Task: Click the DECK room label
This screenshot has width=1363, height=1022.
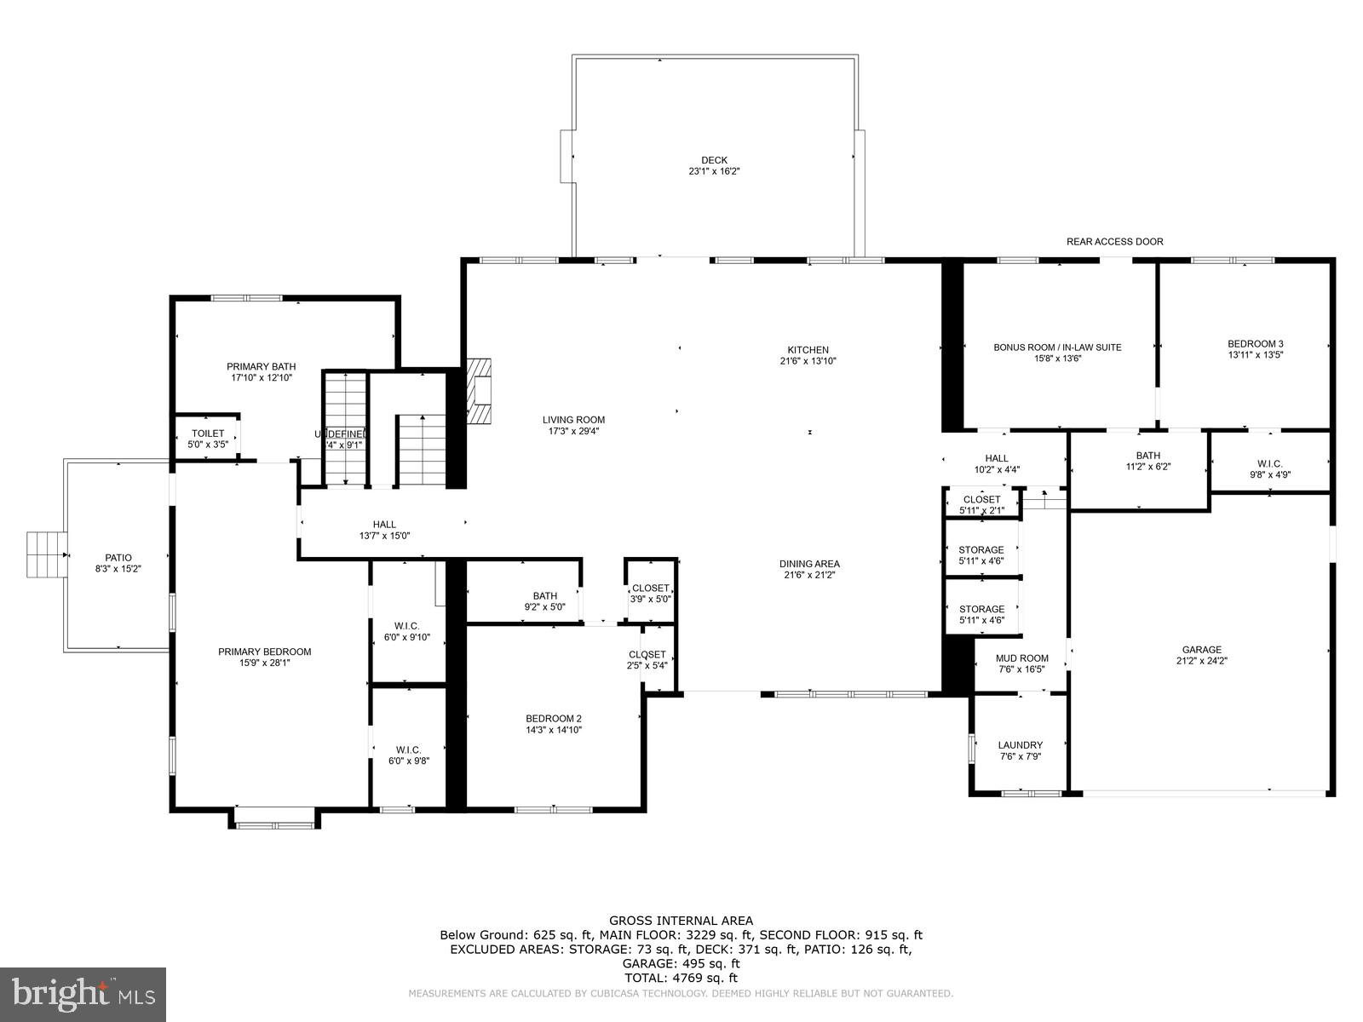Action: pyautogui.click(x=714, y=160)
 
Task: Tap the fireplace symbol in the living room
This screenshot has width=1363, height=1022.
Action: pyautogui.click(x=479, y=390)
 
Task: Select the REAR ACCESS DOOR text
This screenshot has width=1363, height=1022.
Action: pyautogui.click(x=1114, y=242)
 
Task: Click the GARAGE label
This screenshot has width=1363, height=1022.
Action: pyautogui.click(x=1201, y=650)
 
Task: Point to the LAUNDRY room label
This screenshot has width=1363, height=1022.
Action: pyautogui.click(x=1020, y=745)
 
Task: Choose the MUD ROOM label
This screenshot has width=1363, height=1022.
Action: pyautogui.click(x=1022, y=658)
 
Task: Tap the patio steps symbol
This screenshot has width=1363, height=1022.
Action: pyautogui.click(x=46, y=555)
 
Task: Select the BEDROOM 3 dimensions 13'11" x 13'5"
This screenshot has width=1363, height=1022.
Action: pyautogui.click(x=1255, y=355)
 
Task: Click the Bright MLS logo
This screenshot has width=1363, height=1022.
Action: pyautogui.click(x=83, y=993)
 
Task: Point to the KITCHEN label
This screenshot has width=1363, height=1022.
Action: pyautogui.click(x=808, y=350)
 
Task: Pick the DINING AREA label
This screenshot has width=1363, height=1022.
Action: pyautogui.click(x=809, y=564)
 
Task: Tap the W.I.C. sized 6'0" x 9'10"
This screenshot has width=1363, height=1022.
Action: pyautogui.click(x=407, y=631)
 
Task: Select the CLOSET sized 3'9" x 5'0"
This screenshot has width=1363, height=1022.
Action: pyautogui.click(x=650, y=594)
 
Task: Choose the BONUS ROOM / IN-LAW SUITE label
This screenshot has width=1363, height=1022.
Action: pyautogui.click(x=1057, y=347)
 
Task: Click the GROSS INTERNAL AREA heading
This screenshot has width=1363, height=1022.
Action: pyautogui.click(x=681, y=920)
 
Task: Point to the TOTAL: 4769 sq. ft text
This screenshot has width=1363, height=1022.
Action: pyautogui.click(x=681, y=978)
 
